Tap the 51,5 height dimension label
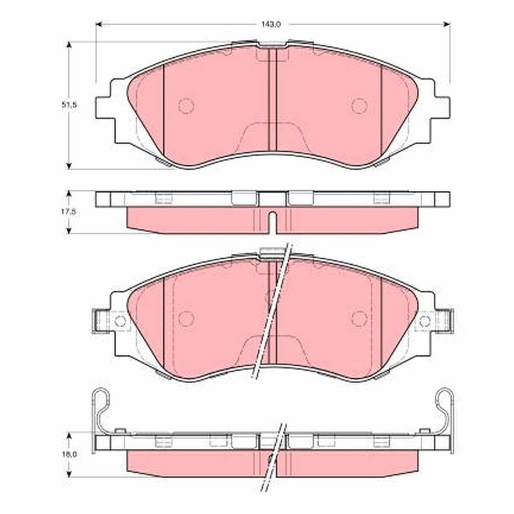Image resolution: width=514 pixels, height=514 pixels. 69,105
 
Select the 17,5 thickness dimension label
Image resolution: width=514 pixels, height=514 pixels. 69,212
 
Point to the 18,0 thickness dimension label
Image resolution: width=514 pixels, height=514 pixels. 69,454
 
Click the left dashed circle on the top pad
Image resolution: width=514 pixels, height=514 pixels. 186,105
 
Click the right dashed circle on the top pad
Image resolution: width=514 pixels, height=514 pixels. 359,105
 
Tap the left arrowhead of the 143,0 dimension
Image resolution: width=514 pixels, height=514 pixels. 99,24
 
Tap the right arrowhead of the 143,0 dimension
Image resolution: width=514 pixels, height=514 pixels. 447,24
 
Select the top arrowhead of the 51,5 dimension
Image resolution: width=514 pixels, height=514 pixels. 69,45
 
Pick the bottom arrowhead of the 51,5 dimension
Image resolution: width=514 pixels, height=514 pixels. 69,166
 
